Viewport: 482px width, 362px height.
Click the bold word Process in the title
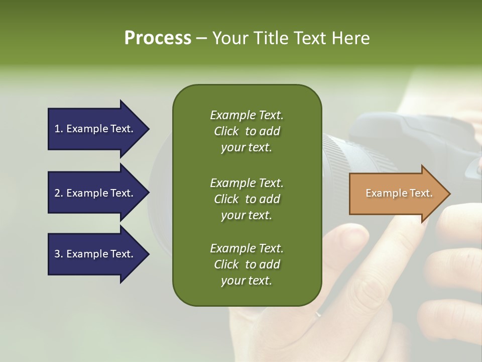pyautogui.click(x=158, y=38)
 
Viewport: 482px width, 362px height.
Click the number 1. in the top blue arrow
pyautogui.click(x=59, y=129)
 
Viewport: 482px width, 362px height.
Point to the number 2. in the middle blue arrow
pyautogui.click(x=59, y=193)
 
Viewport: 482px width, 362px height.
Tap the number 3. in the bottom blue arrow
pyautogui.click(x=59, y=254)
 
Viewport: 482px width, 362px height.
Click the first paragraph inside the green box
pyautogui.click(x=247, y=131)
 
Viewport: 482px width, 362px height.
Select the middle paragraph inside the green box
pyautogui.click(x=247, y=199)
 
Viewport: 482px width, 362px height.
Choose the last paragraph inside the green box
pyautogui.click(x=247, y=264)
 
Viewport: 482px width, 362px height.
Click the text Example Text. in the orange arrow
pyautogui.click(x=399, y=193)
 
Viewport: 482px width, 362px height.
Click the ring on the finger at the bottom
pyautogui.click(x=318, y=314)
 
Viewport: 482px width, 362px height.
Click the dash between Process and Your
pyautogui.click(x=201, y=39)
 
